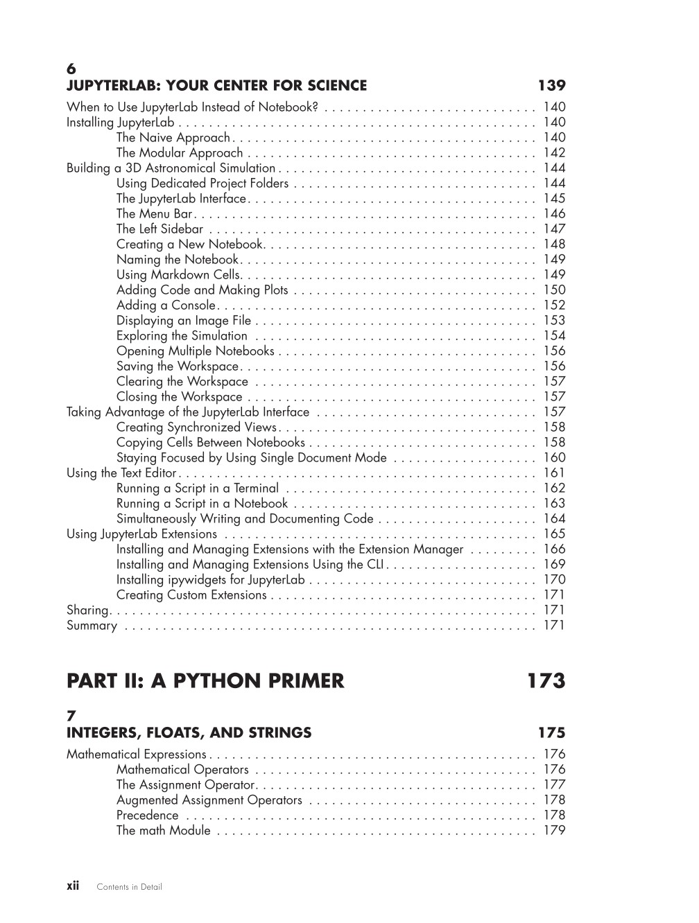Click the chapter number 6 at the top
(71, 69)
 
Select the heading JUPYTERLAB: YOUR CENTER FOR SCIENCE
(216, 86)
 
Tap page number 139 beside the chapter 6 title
(551, 86)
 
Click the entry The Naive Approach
(173, 137)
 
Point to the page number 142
(554, 152)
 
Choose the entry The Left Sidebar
(159, 229)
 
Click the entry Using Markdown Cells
(178, 274)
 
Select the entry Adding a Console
(166, 305)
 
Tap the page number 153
(554, 320)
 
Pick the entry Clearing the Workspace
(182, 381)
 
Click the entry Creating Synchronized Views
(196, 427)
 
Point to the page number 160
(554, 457)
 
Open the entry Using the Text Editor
(122, 473)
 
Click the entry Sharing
(87, 610)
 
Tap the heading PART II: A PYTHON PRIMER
(205, 681)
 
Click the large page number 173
(546, 681)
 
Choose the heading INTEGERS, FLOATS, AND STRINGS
(189, 733)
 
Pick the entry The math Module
(163, 830)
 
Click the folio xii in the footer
(73, 886)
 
